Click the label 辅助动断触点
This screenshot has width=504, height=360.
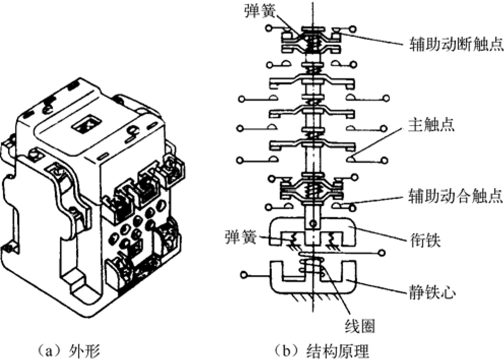(x=456, y=44)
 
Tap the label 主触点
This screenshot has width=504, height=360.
(x=431, y=124)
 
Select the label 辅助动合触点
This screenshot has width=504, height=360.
(x=455, y=196)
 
